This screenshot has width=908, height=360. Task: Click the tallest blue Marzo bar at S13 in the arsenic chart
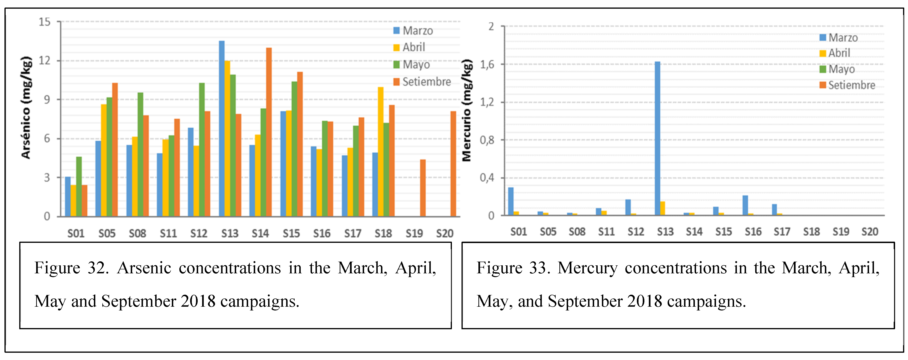tap(221, 129)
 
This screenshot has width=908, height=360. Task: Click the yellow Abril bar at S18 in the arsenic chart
tap(381, 152)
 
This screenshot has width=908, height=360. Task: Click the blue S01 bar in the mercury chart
tap(511, 201)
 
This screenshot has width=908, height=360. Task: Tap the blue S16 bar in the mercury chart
tap(745, 205)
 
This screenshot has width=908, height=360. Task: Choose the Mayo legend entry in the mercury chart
tap(841, 69)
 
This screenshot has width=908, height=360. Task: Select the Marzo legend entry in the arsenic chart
tap(417, 31)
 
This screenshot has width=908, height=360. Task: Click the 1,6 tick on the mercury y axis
tap(487, 65)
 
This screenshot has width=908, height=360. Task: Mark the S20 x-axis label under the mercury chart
tap(870, 232)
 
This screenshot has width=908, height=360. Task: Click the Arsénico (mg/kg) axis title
tap(26, 108)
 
